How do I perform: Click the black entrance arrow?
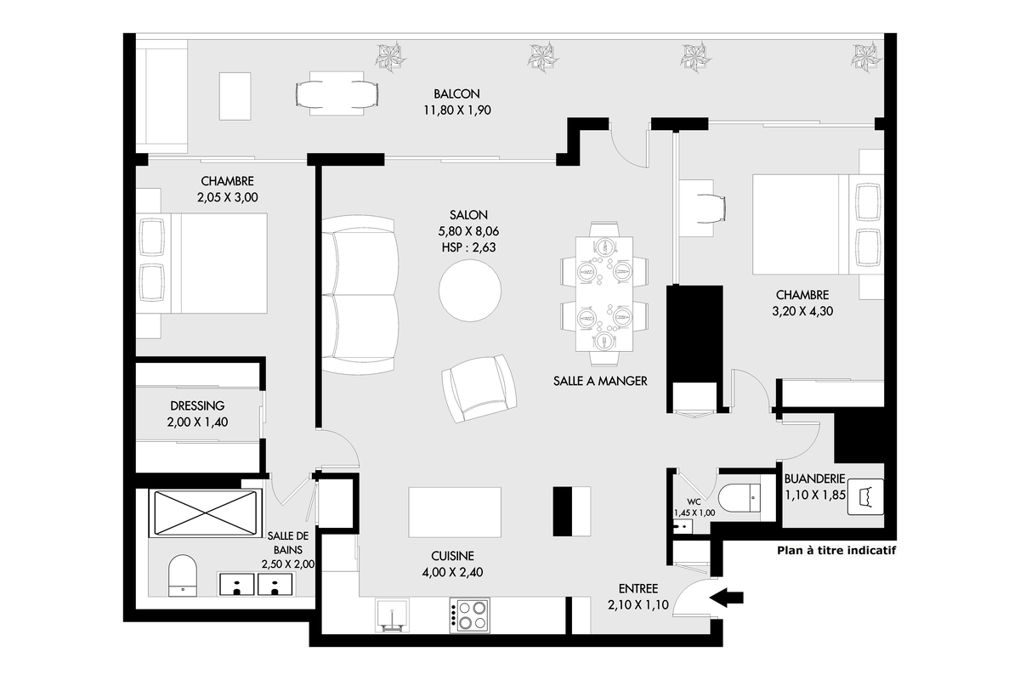(726, 598)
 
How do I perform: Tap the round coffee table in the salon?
(470, 291)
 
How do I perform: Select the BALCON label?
(456, 93)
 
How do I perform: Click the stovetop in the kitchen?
(469, 615)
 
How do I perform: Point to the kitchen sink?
(392, 615)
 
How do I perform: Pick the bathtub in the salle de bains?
(206, 513)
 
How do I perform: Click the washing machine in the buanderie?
(865, 497)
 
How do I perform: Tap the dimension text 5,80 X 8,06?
(468, 231)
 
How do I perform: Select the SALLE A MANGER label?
(600, 381)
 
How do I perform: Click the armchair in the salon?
(479, 388)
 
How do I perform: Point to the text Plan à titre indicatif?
(836, 551)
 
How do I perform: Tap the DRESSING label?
(197, 405)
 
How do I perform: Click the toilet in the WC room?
(739, 498)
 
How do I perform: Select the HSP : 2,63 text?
(468, 247)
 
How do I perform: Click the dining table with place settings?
(604, 294)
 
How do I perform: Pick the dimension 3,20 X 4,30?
(802, 311)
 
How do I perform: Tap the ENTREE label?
(638, 589)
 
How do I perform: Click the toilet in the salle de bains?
(183, 575)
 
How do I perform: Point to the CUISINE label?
(452, 556)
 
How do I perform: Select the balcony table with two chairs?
(337, 93)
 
